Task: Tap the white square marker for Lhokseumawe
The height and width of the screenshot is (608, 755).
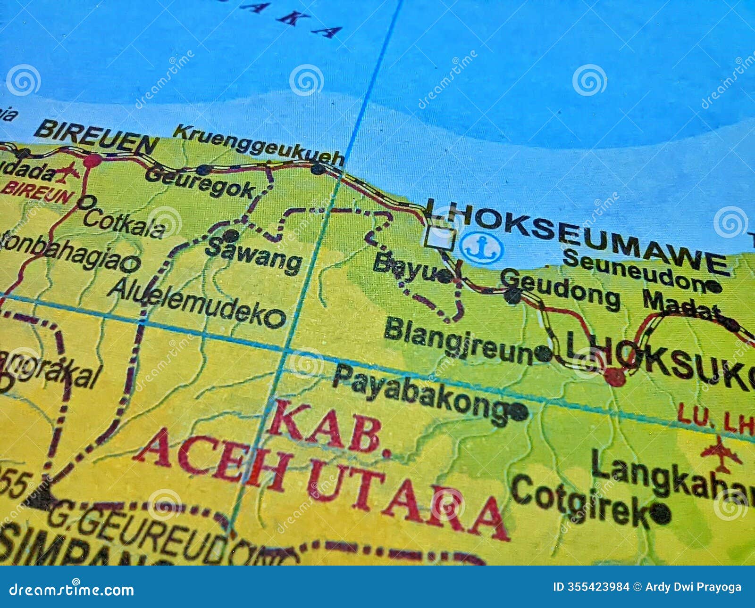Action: point(440,237)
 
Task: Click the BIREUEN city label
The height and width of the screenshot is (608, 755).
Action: point(97,136)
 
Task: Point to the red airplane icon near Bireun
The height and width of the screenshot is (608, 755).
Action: point(67,173)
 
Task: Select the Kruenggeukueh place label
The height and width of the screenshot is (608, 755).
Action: point(258,145)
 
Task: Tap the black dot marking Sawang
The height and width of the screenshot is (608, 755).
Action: point(231,236)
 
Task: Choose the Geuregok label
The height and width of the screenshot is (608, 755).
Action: point(200,183)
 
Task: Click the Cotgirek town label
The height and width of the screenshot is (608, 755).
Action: point(580,500)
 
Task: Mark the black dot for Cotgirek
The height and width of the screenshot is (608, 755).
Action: point(660,514)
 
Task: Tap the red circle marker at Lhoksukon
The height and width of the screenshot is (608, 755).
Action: point(615,377)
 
